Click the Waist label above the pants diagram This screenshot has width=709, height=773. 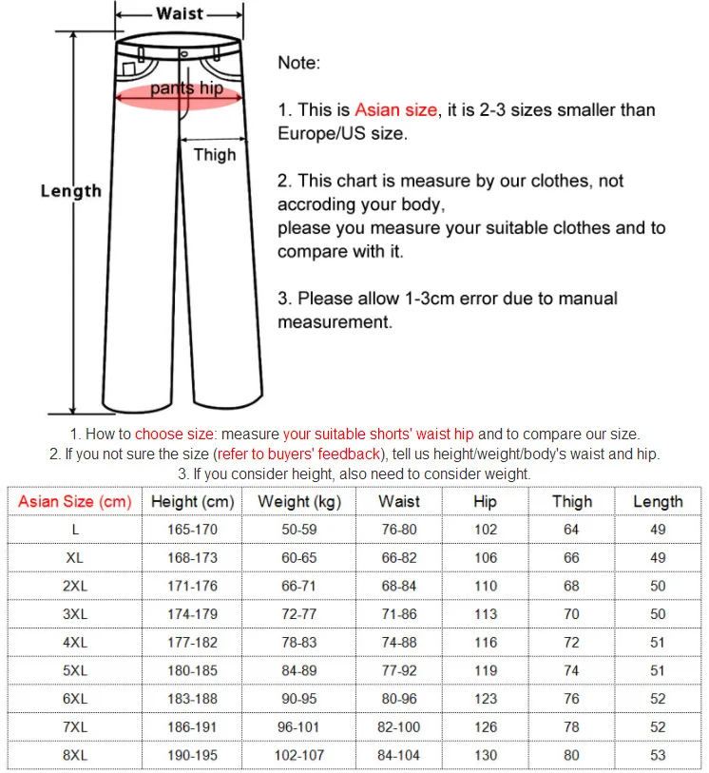pos(181,13)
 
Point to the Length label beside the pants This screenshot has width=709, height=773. pos(70,191)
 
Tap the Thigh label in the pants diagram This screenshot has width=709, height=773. pos(215,154)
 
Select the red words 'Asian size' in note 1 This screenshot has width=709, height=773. pos(396,110)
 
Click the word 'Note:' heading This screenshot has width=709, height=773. pos(299,63)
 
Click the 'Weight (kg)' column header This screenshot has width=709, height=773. pos(298,501)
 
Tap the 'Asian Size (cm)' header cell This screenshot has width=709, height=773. pos(74,501)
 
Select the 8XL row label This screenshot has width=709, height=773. pos(74,755)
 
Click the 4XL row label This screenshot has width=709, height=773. pos(74,642)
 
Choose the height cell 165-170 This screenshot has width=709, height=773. pos(192,530)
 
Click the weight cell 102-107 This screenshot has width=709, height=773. pos(299,755)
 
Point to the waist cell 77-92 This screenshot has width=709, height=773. pos(399,670)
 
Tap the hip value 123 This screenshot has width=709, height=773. pos(485,699)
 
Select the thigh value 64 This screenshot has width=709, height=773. pos(571,530)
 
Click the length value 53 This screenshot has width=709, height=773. pos(658,755)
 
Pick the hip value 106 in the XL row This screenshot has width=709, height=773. pos(485,558)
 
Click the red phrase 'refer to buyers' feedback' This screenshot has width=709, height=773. pos(299,454)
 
